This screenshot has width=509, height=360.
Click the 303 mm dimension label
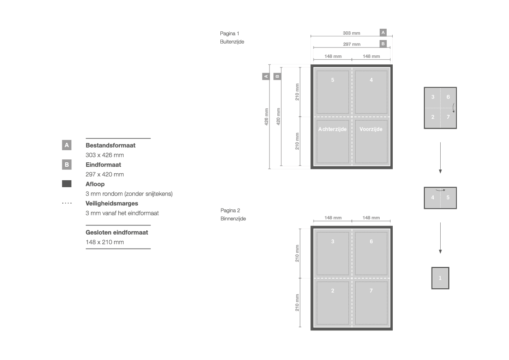(x=351, y=33)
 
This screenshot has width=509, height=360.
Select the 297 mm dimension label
(x=351, y=44)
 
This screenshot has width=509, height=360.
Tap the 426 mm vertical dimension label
(x=266, y=117)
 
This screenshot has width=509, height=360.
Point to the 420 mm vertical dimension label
(x=278, y=117)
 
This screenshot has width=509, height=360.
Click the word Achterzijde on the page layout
(x=332, y=129)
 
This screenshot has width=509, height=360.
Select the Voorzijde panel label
(x=371, y=129)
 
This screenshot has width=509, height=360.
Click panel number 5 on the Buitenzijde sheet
(x=333, y=80)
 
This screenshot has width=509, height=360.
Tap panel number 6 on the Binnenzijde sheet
(x=371, y=242)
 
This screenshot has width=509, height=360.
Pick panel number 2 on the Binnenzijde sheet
(x=333, y=291)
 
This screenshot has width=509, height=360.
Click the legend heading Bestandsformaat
(x=110, y=145)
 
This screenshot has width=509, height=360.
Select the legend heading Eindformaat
(x=103, y=165)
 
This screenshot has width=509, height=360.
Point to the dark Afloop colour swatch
(x=67, y=184)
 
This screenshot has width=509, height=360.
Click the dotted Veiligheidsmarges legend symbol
(x=67, y=203)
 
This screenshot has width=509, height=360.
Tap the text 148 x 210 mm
(x=104, y=242)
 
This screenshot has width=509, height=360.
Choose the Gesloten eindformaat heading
(x=117, y=232)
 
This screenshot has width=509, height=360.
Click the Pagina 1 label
(x=229, y=34)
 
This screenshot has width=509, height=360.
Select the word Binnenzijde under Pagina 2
(x=233, y=219)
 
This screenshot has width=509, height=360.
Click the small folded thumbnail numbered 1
(x=440, y=278)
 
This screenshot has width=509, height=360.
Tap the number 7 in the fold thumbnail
(x=448, y=117)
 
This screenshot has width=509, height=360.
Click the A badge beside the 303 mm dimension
(x=383, y=33)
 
